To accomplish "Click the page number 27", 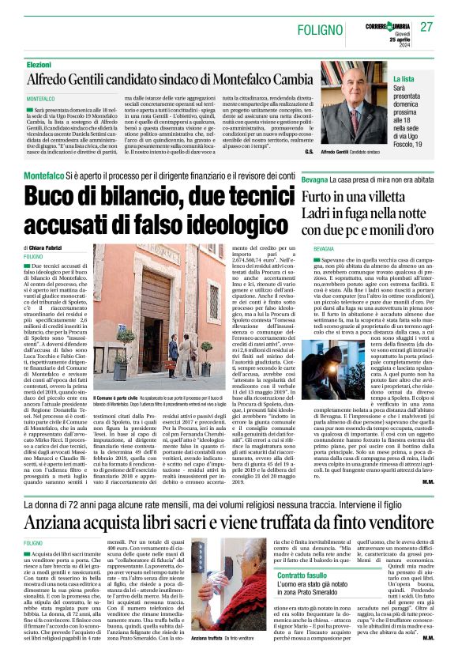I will click(426, 28).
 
